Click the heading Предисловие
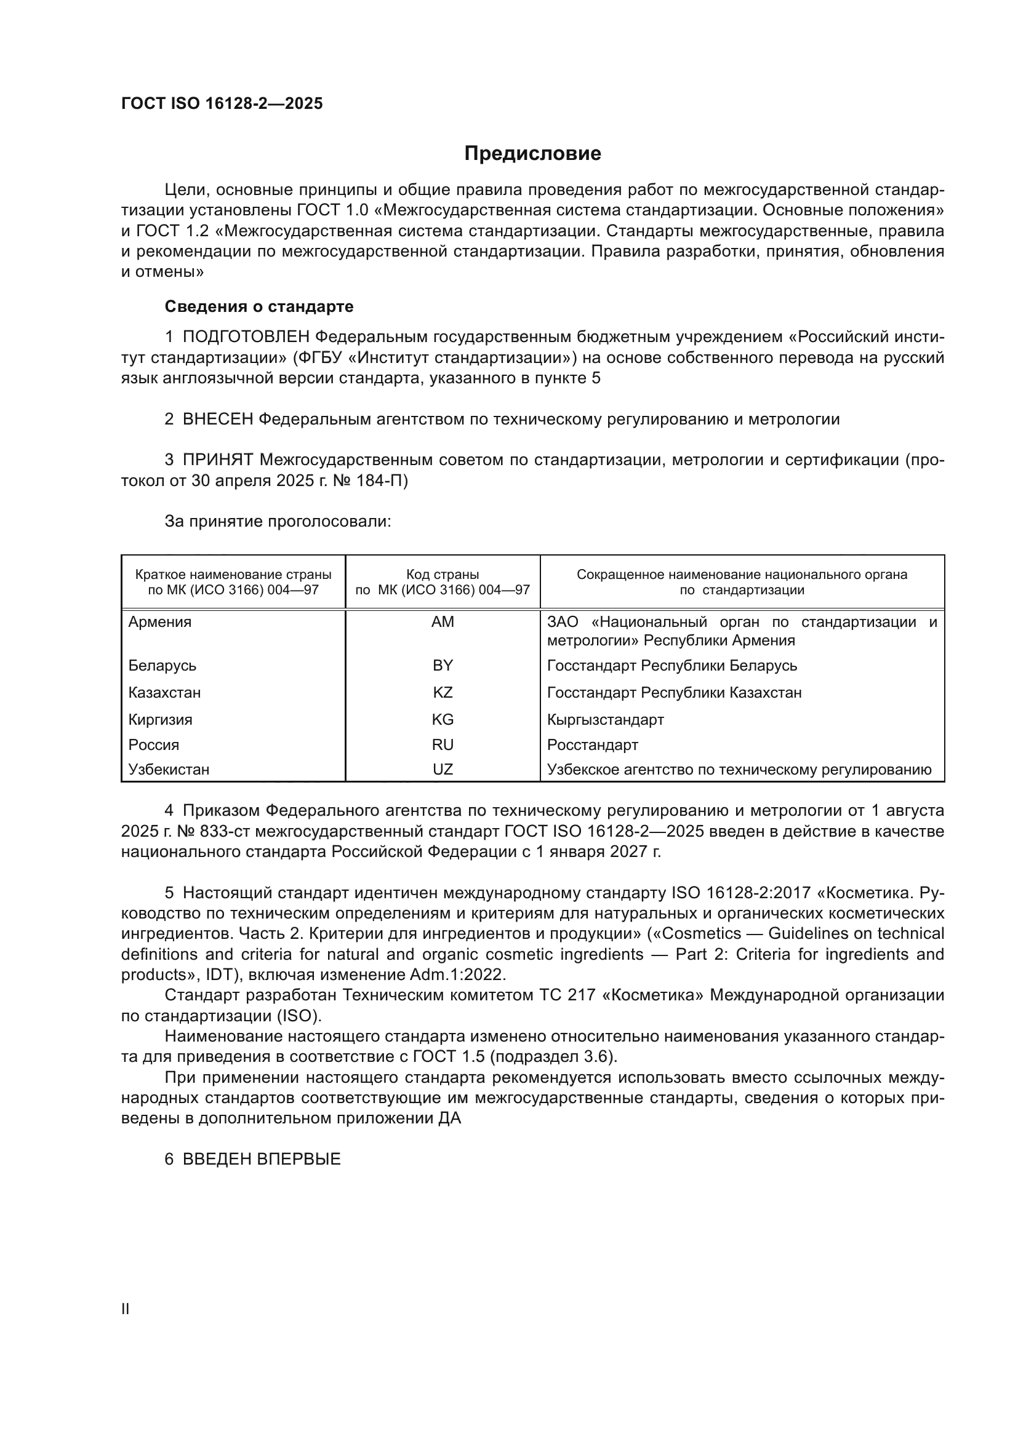pos(532,154)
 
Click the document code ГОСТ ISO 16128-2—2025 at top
pos(222,104)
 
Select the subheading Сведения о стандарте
pos(259,306)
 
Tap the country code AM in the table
pos(443,623)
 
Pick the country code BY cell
pos(443,666)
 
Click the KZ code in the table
pos(443,693)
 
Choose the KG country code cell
pos(443,720)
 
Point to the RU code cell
pos(443,745)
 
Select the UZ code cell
pos(443,770)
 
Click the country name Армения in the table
pos(160,623)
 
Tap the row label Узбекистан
pos(169,770)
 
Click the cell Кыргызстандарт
pos(605,720)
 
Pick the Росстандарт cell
pos(592,745)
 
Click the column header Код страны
pos(443,575)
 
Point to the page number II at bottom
pos(126,1309)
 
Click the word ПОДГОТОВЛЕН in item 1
pos(246,337)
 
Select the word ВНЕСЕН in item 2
pos(217,420)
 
